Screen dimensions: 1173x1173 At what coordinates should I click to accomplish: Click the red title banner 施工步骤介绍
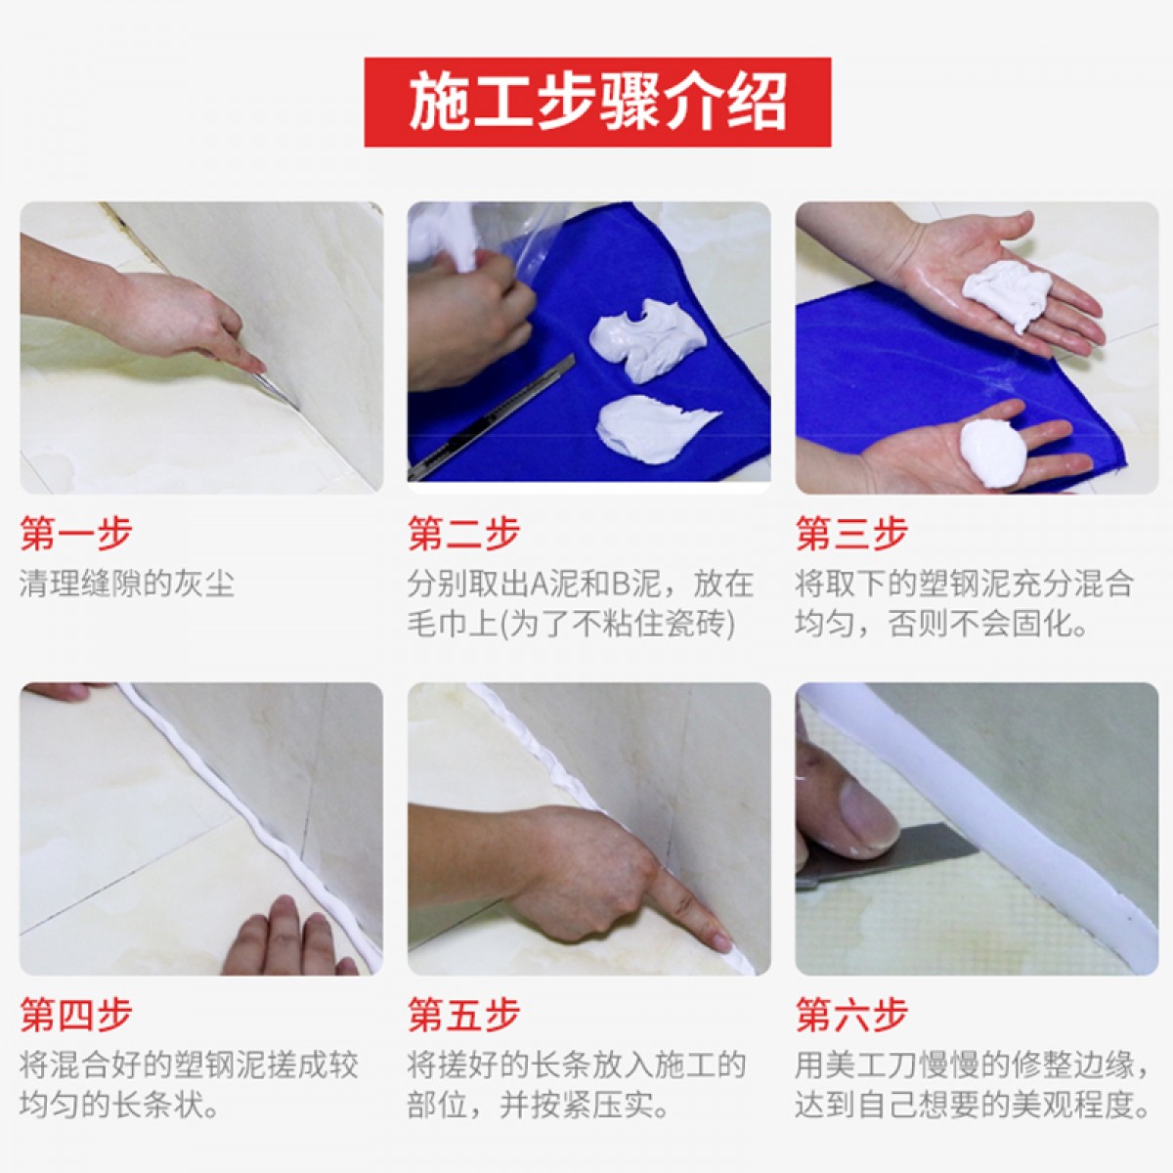click(597, 103)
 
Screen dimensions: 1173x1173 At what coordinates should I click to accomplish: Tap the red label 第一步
click(76, 534)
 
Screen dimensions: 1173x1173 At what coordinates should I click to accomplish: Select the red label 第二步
click(464, 534)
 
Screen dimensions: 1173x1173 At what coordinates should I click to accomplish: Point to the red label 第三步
click(851, 534)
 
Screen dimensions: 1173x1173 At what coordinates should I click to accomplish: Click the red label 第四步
click(76, 1015)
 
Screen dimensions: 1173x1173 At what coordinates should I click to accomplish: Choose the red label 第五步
click(464, 1015)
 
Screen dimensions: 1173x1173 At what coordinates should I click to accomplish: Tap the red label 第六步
click(851, 1015)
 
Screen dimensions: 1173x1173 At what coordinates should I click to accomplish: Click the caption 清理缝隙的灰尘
click(127, 584)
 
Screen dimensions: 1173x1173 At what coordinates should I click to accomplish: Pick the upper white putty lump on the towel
click(647, 343)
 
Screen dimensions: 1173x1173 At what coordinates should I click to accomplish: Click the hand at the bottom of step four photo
click(287, 938)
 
